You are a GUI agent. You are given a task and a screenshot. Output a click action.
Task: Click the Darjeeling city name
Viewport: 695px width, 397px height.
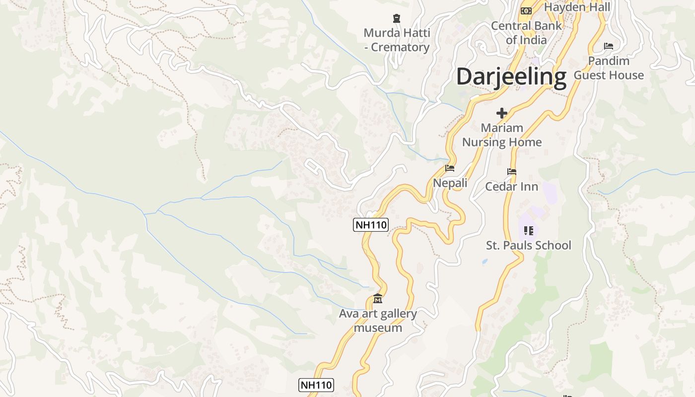[x=511, y=77]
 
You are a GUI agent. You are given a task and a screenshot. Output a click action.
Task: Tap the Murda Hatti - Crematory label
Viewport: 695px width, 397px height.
[x=396, y=40]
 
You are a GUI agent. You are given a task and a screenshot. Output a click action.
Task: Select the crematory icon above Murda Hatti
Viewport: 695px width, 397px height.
[x=396, y=19]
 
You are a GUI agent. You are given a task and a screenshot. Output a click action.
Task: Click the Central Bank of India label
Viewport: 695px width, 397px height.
[x=526, y=33]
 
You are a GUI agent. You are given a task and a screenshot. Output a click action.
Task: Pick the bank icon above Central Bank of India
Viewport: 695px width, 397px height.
[x=526, y=10]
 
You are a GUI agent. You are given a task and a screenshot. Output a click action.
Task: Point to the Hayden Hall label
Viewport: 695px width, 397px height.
[x=577, y=7]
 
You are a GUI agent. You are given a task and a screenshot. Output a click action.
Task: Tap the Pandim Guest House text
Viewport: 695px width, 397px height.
[x=609, y=68]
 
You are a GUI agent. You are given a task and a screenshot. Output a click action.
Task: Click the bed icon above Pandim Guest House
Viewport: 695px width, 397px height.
[x=609, y=46]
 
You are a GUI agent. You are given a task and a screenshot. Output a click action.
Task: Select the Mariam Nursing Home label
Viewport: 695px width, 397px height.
[x=501, y=135]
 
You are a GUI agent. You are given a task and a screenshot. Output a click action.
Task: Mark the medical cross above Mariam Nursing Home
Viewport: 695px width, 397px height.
[x=502, y=113]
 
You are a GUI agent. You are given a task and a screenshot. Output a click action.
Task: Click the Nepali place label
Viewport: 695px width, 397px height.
[x=450, y=183]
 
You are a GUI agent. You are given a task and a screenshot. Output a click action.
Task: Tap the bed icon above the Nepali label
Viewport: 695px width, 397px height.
[x=450, y=168]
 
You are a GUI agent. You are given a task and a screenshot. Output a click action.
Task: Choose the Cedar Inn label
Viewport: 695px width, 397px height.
[x=511, y=187]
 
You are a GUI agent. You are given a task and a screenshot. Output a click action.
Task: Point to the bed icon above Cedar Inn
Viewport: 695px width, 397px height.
[x=512, y=172]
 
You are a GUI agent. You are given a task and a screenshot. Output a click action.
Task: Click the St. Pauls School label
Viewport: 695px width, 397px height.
[x=528, y=245]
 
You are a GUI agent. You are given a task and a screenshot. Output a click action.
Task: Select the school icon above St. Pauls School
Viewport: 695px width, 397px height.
[x=529, y=230]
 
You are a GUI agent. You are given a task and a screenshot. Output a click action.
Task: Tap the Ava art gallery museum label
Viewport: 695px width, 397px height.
[x=378, y=321]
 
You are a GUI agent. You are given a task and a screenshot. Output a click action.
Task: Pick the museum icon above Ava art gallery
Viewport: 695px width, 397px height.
[x=378, y=299]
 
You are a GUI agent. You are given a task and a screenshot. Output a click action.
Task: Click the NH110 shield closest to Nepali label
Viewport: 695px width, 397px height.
[x=370, y=225]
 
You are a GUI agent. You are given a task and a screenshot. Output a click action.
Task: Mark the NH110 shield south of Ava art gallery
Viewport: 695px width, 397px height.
[x=316, y=385]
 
